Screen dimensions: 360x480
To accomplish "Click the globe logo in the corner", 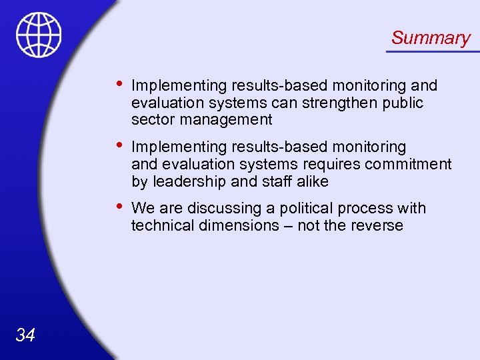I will click(39, 35).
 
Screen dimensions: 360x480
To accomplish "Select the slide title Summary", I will click(431, 38).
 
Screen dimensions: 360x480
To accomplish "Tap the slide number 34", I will click(25, 335).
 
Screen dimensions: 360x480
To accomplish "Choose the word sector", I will click(151, 120).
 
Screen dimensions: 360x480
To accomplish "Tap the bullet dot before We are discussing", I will click(118, 207).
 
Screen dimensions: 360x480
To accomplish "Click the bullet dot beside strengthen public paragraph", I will click(118, 84).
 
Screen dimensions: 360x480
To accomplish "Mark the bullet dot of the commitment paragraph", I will click(118, 145).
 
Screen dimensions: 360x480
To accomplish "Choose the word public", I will click(403, 103).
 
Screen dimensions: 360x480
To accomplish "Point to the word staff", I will click(273, 181).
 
